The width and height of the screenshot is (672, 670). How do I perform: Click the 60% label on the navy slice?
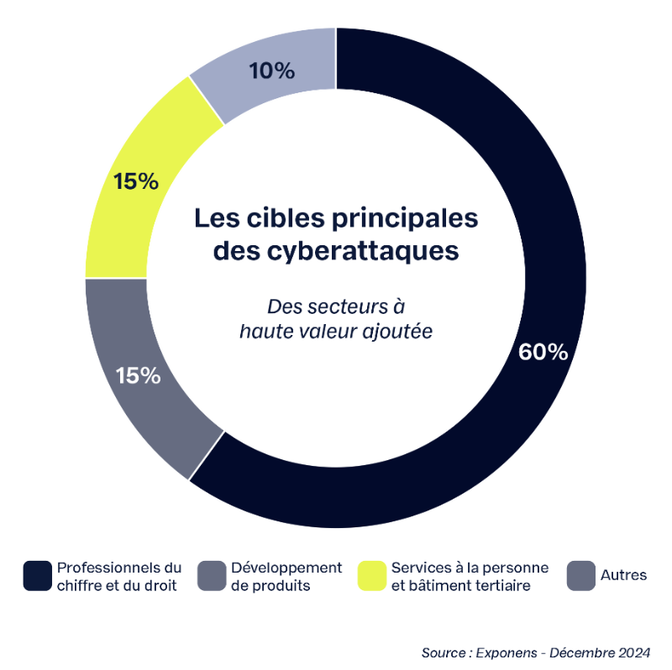pyautogui.click(x=543, y=352)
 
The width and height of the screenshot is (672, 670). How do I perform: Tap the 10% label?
pyautogui.click(x=272, y=71)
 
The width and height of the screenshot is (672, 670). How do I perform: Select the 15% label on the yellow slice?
pyautogui.click(x=136, y=181)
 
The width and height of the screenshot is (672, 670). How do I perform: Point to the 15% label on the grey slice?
pyautogui.click(x=138, y=375)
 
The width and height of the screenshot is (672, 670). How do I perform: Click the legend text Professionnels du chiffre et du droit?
pyautogui.click(x=118, y=576)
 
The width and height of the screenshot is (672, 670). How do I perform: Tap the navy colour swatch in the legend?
pyautogui.click(x=38, y=575)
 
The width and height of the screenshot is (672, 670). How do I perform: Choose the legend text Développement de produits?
pyautogui.click(x=286, y=576)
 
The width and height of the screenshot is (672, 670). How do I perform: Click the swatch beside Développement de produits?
pyautogui.click(x=212, y=575)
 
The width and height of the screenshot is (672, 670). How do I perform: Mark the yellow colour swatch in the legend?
pyautogui.click(x=372, y=575)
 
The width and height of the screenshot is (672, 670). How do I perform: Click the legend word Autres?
pyautogui.click(x=623, y=575)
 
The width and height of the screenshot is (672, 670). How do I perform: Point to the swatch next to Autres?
pyautogui.click(x=582, y=575)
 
